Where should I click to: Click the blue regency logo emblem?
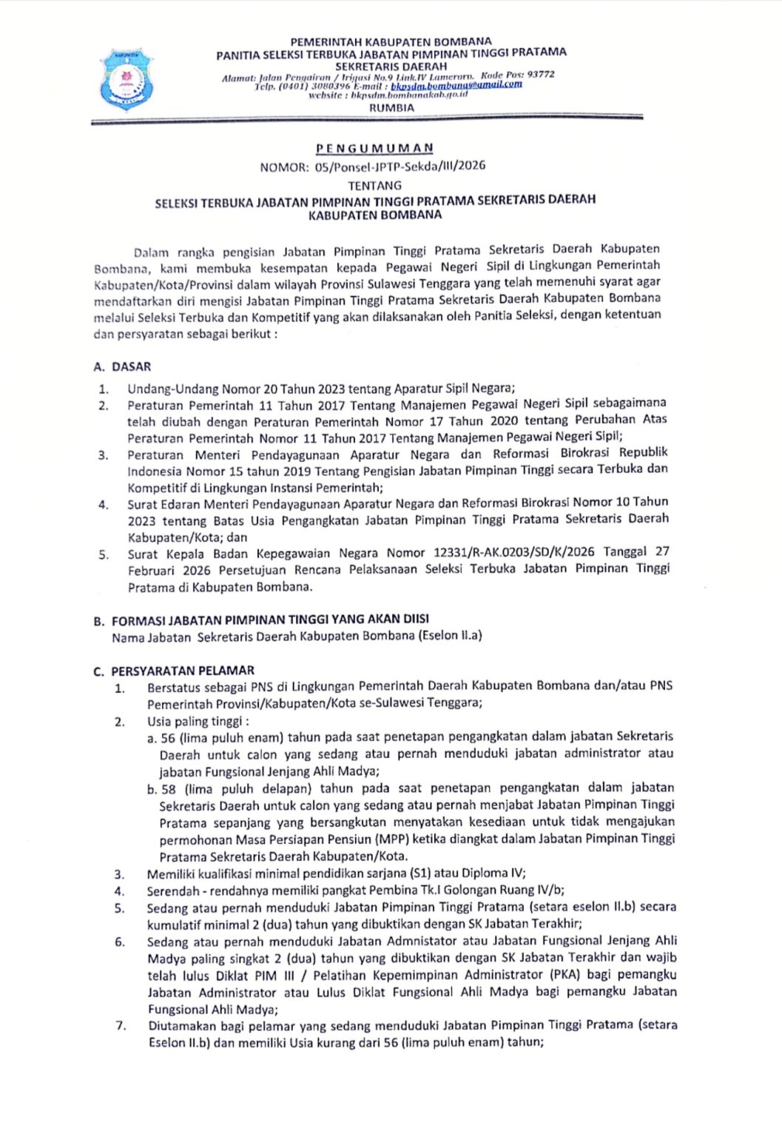[x=127, y=78]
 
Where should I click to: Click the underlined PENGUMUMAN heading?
[x=374, y=148]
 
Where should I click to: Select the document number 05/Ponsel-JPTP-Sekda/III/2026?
[x=400, y=166]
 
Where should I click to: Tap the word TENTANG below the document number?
[x=375, y=185]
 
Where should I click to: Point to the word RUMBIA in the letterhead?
[x=391, y=107]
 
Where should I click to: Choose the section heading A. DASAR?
[x=122, y=366]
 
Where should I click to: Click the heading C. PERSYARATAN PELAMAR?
[x=174, y=671]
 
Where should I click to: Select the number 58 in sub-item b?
[x=169, y=788]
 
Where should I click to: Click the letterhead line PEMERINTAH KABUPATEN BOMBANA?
[x=391, y=41]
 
